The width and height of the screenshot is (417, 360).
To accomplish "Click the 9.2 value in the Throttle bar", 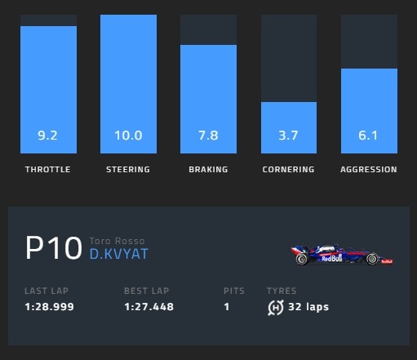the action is [x=47, y=136].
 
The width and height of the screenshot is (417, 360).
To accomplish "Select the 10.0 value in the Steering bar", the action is [x=128, y=136].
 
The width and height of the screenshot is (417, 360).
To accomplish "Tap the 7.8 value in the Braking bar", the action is [x=208, y=136].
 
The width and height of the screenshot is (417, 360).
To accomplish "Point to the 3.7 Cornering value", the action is [x=288, y=136].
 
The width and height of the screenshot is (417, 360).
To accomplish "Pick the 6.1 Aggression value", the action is [x=368, y=136].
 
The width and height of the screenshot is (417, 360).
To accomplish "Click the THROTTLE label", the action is [x=48, y=170].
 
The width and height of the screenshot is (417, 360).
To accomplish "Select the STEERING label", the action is [x=128, y=170].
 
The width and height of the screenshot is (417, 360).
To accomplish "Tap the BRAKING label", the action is [x=208, y=170].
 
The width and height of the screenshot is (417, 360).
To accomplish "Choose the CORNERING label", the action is [x=288, y=170].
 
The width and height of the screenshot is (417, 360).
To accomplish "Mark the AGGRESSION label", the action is [x=369, y=170].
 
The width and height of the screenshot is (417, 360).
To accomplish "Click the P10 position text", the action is [x=54, y=248].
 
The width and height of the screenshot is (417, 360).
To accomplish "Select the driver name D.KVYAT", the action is [x=119, y=254].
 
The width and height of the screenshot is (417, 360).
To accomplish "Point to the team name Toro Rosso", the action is [x=117, y=241].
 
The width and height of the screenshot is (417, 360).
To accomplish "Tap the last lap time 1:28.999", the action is [x=49, y=307].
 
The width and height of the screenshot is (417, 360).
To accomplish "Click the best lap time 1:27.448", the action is [x=149, y=307].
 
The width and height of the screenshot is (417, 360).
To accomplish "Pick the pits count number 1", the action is [x=227, y=307].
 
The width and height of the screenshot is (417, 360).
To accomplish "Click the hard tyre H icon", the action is [x=276, y=308].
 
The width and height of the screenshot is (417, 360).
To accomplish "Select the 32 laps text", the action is [x=308, y=307].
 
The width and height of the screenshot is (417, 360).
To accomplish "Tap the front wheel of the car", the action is [x=372, y=259].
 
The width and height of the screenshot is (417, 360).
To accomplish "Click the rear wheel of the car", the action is [x=302, y=259].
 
